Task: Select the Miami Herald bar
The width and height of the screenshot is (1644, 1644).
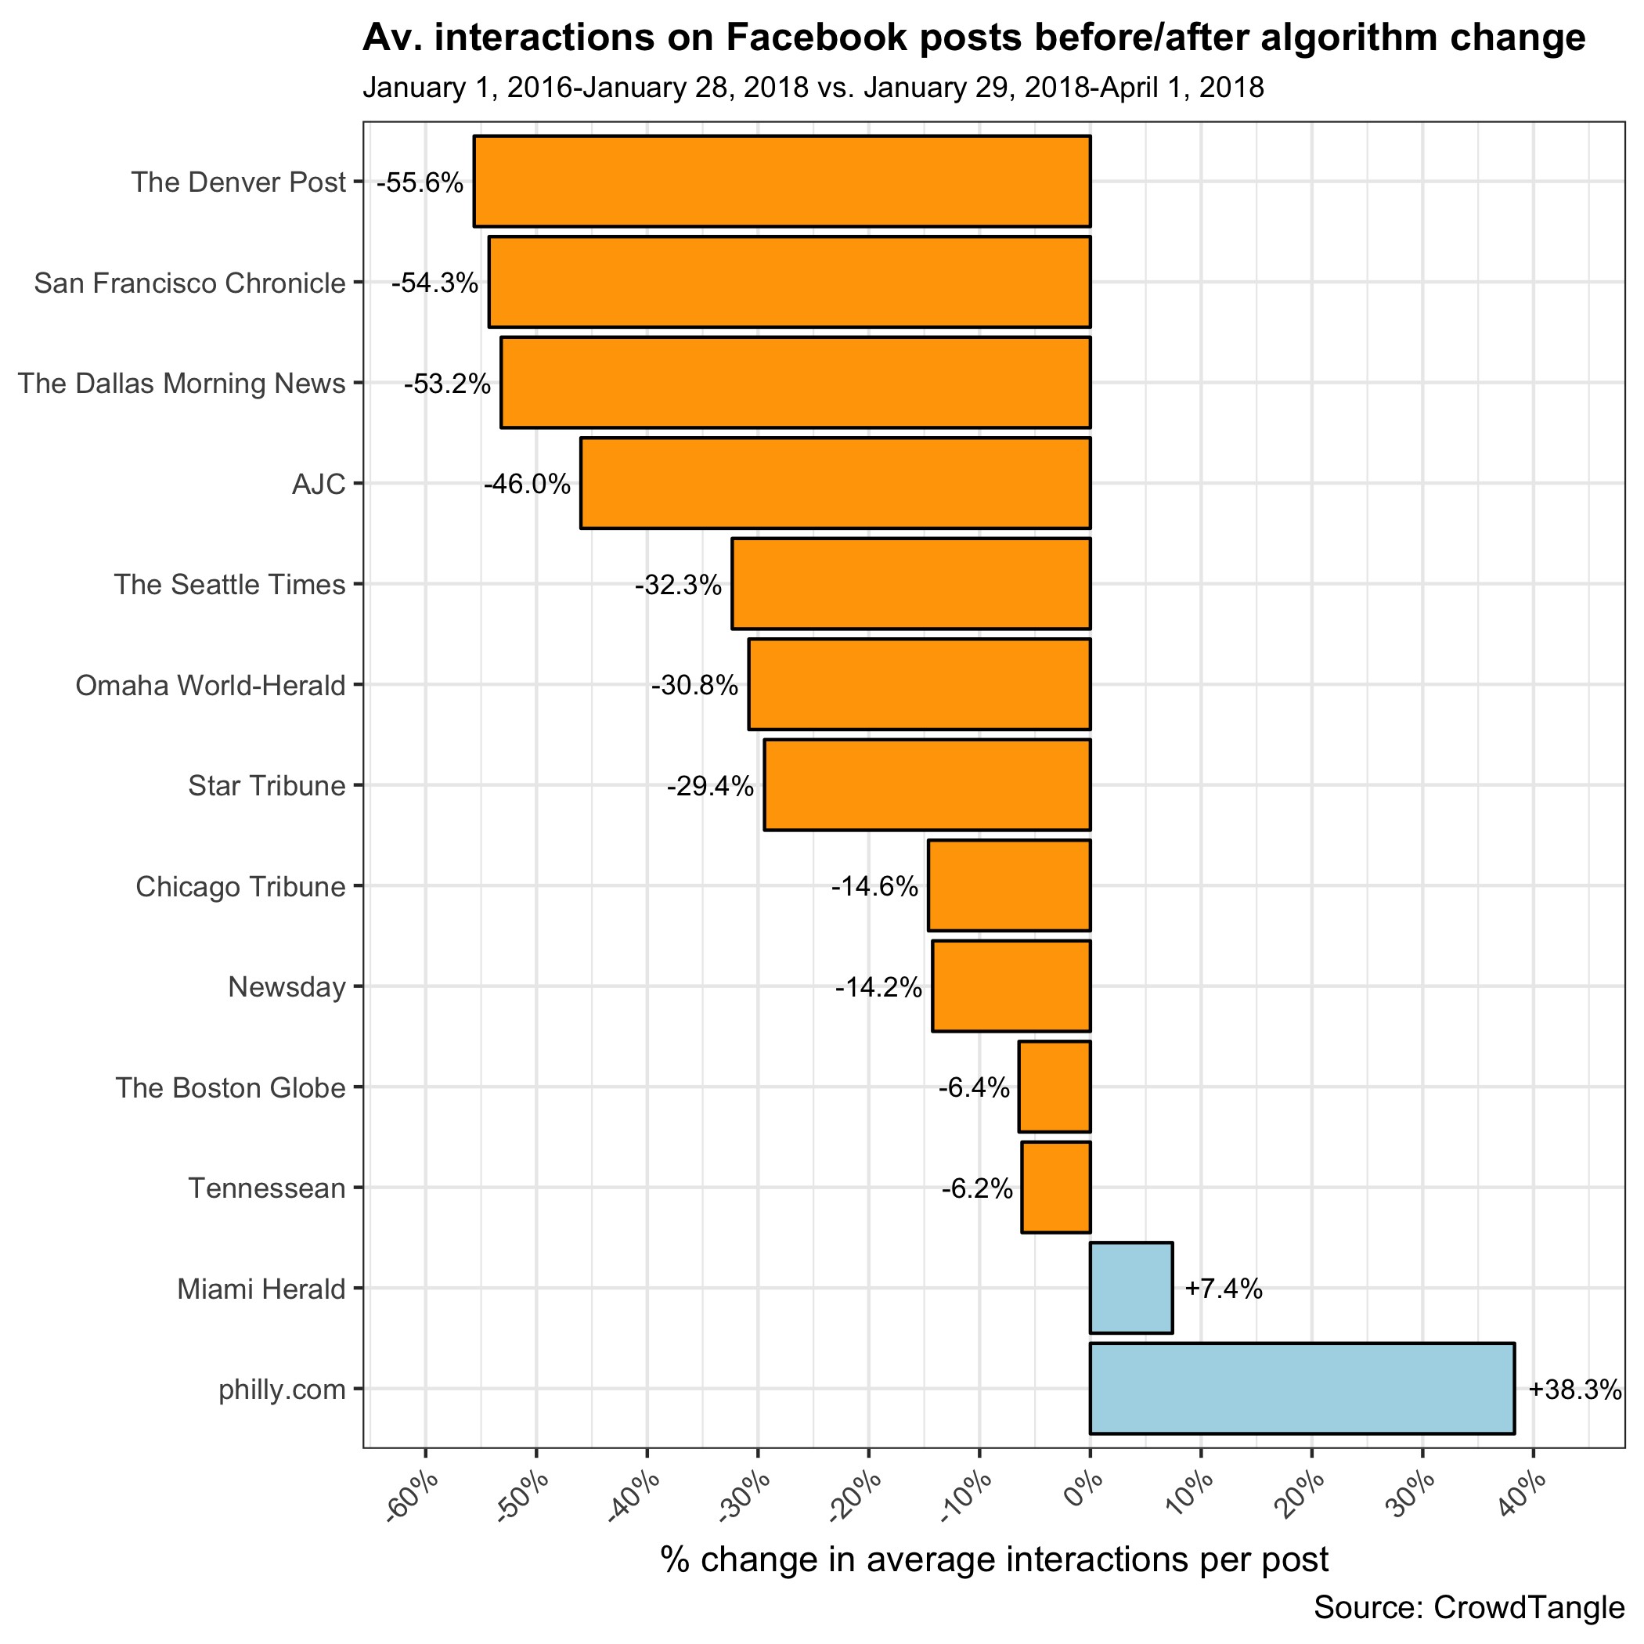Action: (x=1131, y=1289)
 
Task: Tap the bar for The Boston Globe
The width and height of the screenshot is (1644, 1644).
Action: (x=1055, y=1087)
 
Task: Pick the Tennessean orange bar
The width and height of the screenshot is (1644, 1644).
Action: (x=1055, y=1187)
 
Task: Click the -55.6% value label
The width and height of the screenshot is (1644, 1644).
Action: (x=420, y=183)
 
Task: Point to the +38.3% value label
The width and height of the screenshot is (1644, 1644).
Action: (x=1574, y=1390)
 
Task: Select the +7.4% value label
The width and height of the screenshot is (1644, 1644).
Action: (x=1223, y=1289)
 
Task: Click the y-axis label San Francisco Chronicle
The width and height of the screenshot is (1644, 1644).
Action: (x=189, y=283)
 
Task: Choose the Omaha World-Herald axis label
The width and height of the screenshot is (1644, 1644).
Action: (x=210, y=686)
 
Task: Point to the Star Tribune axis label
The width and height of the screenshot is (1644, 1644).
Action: (x=266, y=786)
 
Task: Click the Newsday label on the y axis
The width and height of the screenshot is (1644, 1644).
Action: (x=287, y=987)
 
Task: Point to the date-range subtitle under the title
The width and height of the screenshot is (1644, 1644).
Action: (x=813, y=88)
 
